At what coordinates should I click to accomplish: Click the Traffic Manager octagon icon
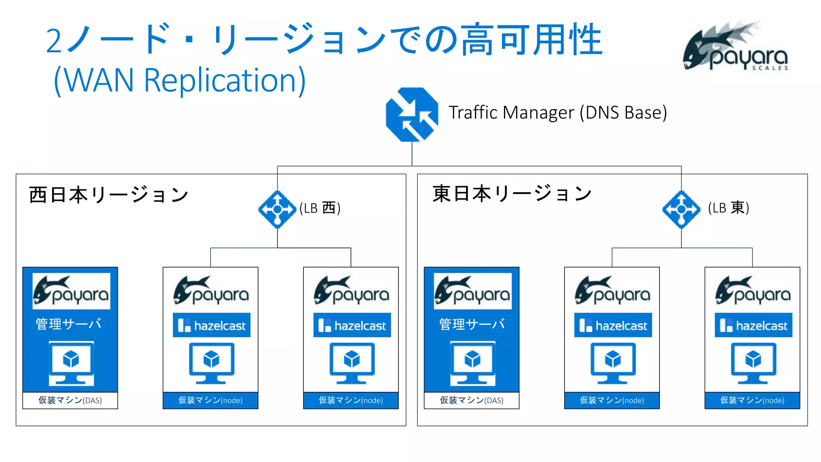coord(412,115)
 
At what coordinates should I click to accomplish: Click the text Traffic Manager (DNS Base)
coord(558,113)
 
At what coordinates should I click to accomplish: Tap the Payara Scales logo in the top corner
coord(736,47)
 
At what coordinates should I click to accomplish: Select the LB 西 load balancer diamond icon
coord(277,209)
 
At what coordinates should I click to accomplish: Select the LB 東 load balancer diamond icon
coord(681,209)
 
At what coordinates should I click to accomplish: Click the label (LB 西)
coord(320,208)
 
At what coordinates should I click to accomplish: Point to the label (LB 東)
coord(728,208)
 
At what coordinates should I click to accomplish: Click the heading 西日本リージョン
coord(109,195)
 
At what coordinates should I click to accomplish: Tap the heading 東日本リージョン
coord(512,194)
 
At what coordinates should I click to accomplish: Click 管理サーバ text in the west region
coord(69,324)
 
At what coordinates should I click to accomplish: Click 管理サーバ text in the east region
coord(472,324)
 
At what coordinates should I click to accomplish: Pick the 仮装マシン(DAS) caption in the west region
coord(70,400)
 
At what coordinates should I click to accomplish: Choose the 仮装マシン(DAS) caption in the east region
coord(471,400)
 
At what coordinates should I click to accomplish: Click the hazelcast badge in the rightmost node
coord(753,325)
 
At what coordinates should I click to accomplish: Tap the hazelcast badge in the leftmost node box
coord(212,325)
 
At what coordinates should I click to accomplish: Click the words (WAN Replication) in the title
coord(180,80)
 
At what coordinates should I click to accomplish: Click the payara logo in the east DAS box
coord(473,291)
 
